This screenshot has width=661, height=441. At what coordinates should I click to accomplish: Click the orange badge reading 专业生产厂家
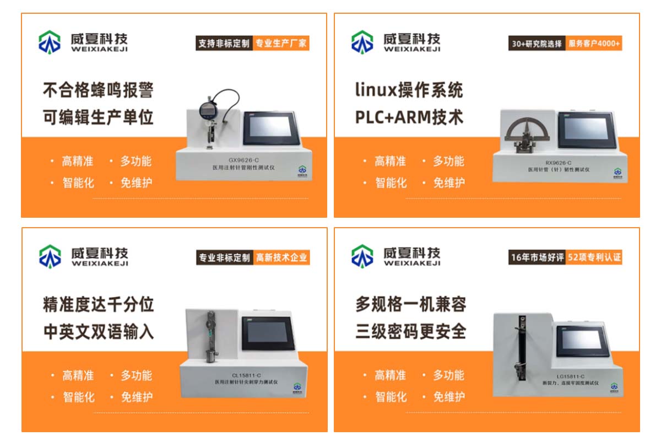[x=281, y=43]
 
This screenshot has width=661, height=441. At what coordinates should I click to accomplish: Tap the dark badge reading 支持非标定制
[x=224, y=43]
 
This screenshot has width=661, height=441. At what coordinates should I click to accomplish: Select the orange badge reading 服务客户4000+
[x=594, y=43]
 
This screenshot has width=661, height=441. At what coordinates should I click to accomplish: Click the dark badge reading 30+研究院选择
[x=537, y=43]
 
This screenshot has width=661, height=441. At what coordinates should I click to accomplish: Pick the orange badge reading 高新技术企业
[x=281, y=257]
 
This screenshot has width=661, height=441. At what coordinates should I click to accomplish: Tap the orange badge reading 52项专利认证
[x=594, y=257]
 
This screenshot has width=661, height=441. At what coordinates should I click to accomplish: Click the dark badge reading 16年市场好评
[x=537, y=257]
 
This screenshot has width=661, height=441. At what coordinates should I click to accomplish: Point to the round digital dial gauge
[x=209, y=110]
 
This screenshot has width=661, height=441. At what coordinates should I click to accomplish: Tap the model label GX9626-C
[x=243, y=160]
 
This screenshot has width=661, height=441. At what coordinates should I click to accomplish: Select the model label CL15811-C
[x=246, y=375]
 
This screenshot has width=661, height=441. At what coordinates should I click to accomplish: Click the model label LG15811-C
[x=571, y=377]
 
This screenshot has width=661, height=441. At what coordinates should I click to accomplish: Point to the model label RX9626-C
[x=559, y=163]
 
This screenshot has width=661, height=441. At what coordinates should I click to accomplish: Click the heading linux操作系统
[x=409, y=90]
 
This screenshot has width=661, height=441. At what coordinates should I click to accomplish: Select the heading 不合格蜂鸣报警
[x=98, y=90]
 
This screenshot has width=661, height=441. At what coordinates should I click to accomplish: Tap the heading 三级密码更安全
[x=411, y=331]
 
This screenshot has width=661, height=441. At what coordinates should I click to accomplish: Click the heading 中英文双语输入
[x=99, y=332]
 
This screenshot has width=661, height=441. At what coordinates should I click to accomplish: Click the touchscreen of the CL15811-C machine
[x=268, y=333]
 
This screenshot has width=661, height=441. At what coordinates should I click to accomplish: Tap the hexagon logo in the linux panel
[x=362, y=42]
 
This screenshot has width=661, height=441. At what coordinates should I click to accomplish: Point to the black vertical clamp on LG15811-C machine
[x=522, y=348]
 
